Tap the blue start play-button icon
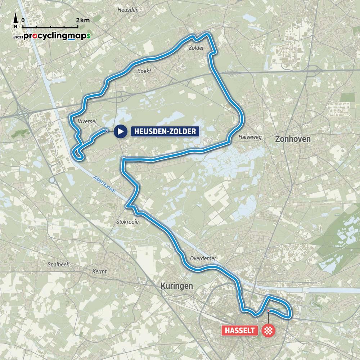[x=121, y=131]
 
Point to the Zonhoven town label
[x=292, y=139]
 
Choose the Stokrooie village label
[x=127, y=222]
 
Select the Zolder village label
[x=196, y=48]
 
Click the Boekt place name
[x=144, y=71]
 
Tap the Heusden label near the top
[x=128, y=10]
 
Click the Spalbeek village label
[x=58, y=264]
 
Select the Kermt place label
[x=99, y=271]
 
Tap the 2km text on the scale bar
[x=83, y=21]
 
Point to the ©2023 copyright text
[x=18, y=37]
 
